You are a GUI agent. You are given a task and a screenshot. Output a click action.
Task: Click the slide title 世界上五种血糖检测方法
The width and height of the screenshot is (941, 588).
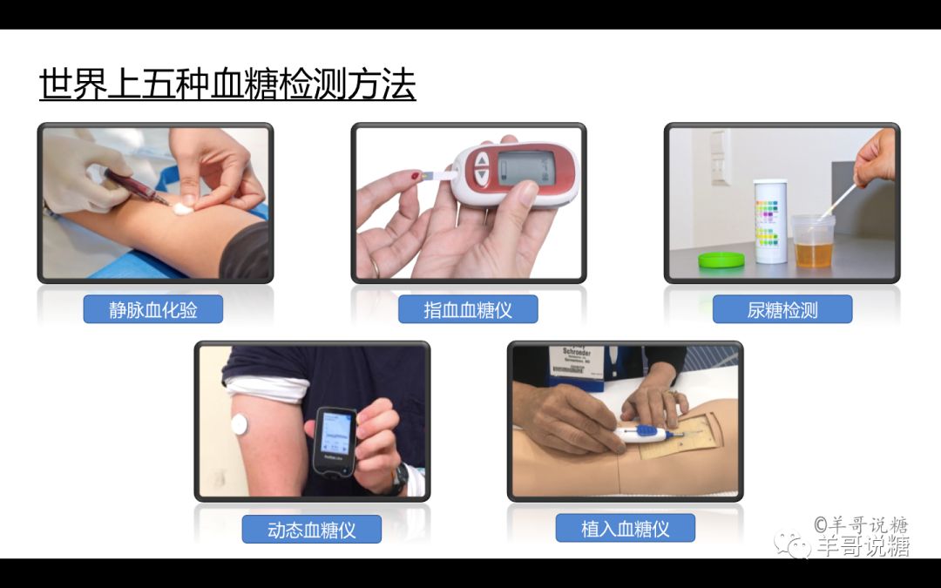[x=227, y=85]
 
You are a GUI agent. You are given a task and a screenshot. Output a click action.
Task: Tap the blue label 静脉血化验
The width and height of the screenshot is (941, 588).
[x=153, y=309]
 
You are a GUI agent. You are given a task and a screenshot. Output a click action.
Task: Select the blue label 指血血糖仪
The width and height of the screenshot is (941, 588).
[x=468, y=309]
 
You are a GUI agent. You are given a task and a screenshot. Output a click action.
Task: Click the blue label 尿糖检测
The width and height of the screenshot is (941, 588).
[x=782, y=309]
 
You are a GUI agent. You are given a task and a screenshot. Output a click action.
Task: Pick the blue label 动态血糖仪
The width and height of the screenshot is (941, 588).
[x=311, y=529]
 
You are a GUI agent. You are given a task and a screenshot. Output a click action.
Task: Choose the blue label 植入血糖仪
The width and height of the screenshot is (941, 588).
[x=625, y=528]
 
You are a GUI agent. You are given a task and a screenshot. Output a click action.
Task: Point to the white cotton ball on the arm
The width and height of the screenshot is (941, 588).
[x=184, y=207]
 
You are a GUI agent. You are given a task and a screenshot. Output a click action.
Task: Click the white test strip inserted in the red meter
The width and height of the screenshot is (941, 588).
[x=436, y=177]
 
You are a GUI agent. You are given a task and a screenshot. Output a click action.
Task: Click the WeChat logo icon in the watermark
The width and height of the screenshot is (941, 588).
[x=797, y=546]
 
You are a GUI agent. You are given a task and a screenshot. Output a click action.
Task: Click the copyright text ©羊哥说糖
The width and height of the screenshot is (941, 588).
[x=861, y=525]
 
